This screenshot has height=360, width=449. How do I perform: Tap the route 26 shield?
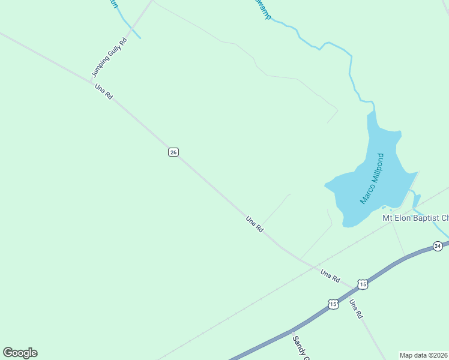[173, 152]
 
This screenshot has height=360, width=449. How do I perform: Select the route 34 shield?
[438, 246]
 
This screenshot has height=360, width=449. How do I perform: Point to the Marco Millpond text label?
[372, 178]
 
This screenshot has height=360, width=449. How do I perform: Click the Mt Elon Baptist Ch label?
[415, 218]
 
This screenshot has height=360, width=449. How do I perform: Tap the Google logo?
[20, 353]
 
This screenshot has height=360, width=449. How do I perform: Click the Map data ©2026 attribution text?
[424, 355]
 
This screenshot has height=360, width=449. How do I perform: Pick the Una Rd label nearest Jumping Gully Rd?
[103, 92]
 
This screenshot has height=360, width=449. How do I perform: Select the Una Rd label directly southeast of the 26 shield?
[255, 224]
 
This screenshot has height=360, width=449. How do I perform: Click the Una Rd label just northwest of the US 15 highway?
[330, 276]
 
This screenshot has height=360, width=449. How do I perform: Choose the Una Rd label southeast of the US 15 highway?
[356, 308]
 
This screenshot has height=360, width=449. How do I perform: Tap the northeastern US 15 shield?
[363, 284]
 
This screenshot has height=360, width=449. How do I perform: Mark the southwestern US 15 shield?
[333, 304]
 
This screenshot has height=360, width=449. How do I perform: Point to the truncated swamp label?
[262, 8]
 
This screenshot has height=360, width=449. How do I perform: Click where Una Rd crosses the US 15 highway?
[350, 293]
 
